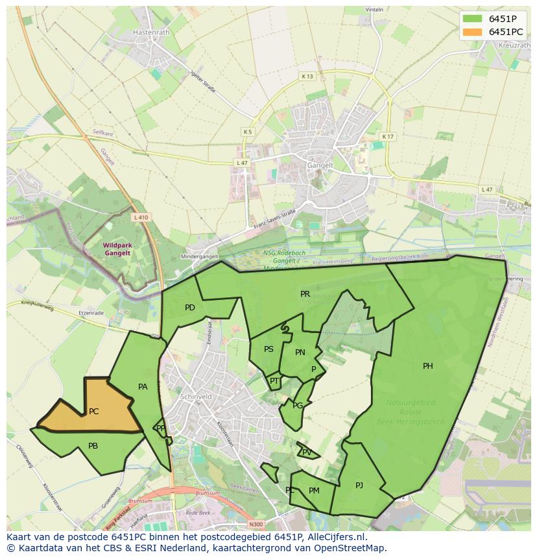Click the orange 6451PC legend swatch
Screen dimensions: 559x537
(x=473, y=32)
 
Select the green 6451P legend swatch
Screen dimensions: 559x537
(x=473, y=19)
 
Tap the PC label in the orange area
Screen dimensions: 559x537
(x=93, y=412)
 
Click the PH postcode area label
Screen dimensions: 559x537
(x=428, y=366)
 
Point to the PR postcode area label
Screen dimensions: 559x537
(x=305, y=294)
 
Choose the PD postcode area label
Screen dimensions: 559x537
(x=189, y=308)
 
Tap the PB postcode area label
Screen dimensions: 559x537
(x=93, y=446)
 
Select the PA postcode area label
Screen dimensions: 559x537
(x=143, y=387)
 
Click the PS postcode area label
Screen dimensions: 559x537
(x=268, y=349)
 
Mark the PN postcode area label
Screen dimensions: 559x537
(x=300, y=353)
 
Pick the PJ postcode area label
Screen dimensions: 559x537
(x=359, y=485)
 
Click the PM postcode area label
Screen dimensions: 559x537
(x=314, y=491)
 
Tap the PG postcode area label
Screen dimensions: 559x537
(x=298, y=406)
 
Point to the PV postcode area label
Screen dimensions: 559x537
(x=307, y=453)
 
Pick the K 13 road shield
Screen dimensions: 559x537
(x=307, y=77)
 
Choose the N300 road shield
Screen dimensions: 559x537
(x=257, y=524)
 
